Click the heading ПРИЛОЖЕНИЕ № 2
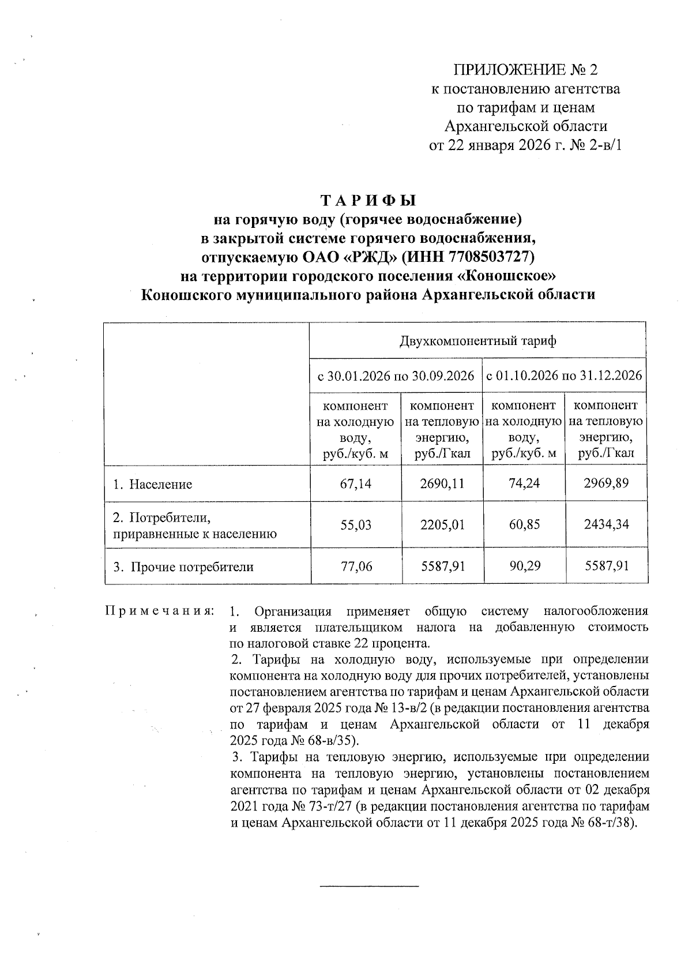(526, 70)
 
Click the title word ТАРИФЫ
(368, 201)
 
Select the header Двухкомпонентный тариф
(478, 341)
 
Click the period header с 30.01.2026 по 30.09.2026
(396, 376)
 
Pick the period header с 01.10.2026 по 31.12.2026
(565, 376)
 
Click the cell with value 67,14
(356, 483)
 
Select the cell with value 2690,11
(442, 483)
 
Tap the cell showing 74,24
(524, 483)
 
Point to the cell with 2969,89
(606, 483)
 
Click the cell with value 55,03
(356, 525)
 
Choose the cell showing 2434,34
(606, 525)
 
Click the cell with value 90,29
(524, 567)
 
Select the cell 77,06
(356, 567)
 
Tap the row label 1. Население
(153, 484)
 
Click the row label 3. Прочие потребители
(183, 567)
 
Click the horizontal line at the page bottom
(368, 885)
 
